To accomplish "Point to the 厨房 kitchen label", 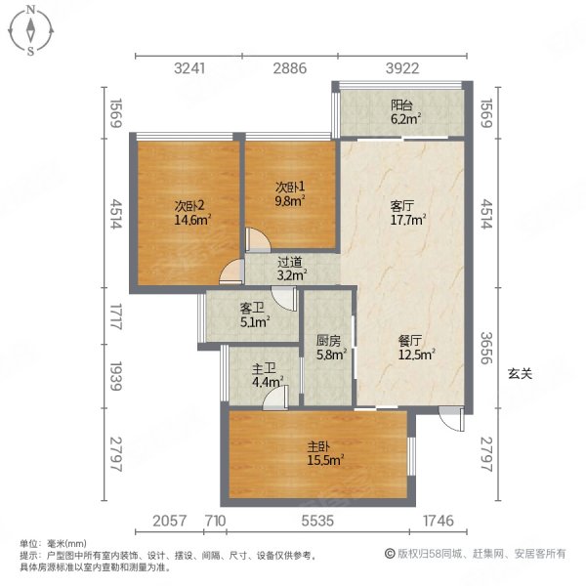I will [x=328, y=342].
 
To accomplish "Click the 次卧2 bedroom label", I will [x=188, y=206].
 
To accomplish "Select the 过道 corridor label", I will [x=289, y=262].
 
